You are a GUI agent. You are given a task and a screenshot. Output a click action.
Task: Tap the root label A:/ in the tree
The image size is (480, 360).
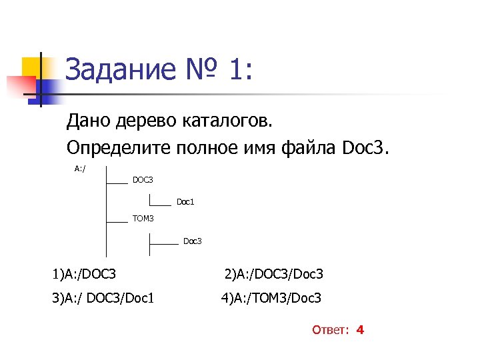pyautogui.click(x=80, y=168)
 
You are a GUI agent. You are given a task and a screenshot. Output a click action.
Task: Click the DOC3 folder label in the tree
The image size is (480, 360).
pyautogui.click(x=143, y=180)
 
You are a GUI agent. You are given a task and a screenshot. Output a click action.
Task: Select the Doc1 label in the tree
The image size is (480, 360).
pyautogui.click(x=185, y=201)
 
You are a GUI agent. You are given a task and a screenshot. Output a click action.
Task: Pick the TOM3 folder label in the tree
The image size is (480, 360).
pyautogui.click(x=143, y=219)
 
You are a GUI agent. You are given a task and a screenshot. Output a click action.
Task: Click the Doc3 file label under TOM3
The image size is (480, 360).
pyautogui.click(x=192, y=241)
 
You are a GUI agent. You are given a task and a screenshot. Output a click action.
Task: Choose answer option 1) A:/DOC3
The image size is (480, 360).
pyautogui.click(x=85, y=274)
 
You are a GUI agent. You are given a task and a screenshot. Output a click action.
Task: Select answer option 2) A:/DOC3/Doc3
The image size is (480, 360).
pyautogui.click(x=274, y=274)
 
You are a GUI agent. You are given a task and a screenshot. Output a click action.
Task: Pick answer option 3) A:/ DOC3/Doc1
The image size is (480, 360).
pyautogui.click(x=103, y=297)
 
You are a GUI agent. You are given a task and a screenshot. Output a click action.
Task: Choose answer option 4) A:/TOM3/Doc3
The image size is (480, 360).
pyautogui.click(x=271, y=297)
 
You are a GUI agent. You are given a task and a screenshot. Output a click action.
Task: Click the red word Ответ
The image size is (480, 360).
pyautogui.click(x=331, y=330)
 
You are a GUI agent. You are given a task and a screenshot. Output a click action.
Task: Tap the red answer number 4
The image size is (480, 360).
pyautogui.click(x=360, y=330)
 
